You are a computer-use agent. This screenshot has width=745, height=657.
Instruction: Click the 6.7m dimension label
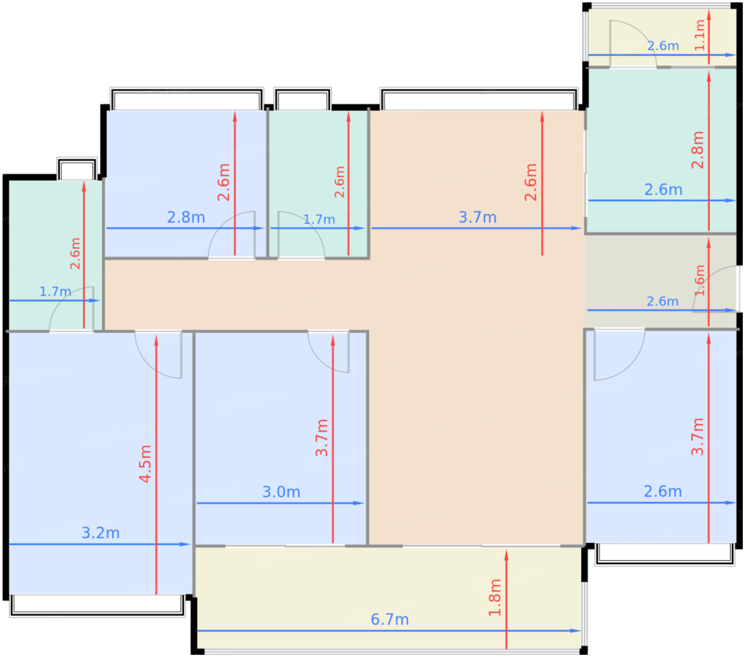(390, 620)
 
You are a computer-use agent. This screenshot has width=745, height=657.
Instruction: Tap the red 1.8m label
(494, 597)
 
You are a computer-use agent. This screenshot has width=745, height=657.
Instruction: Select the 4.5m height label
(145, 463)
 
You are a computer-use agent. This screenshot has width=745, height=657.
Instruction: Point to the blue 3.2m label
(101, 533)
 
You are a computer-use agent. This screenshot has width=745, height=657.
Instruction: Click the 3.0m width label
(281, 492)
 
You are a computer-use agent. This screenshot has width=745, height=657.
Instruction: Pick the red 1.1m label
(700, 35)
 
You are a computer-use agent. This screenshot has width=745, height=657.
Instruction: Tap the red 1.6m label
(700, 280)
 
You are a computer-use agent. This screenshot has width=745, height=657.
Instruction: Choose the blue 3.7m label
(477, 217)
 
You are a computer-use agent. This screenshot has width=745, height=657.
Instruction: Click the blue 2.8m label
(186, 217)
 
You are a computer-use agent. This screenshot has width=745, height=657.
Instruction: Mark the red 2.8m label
(698, 150)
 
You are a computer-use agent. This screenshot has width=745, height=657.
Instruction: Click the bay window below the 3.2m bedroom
(97, 605)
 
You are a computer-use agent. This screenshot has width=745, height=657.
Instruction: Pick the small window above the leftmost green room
(77, 169)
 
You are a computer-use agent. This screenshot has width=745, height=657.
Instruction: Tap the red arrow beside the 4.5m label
(156, 465)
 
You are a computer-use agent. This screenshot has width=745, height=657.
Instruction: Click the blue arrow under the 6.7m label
(388, 631)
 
